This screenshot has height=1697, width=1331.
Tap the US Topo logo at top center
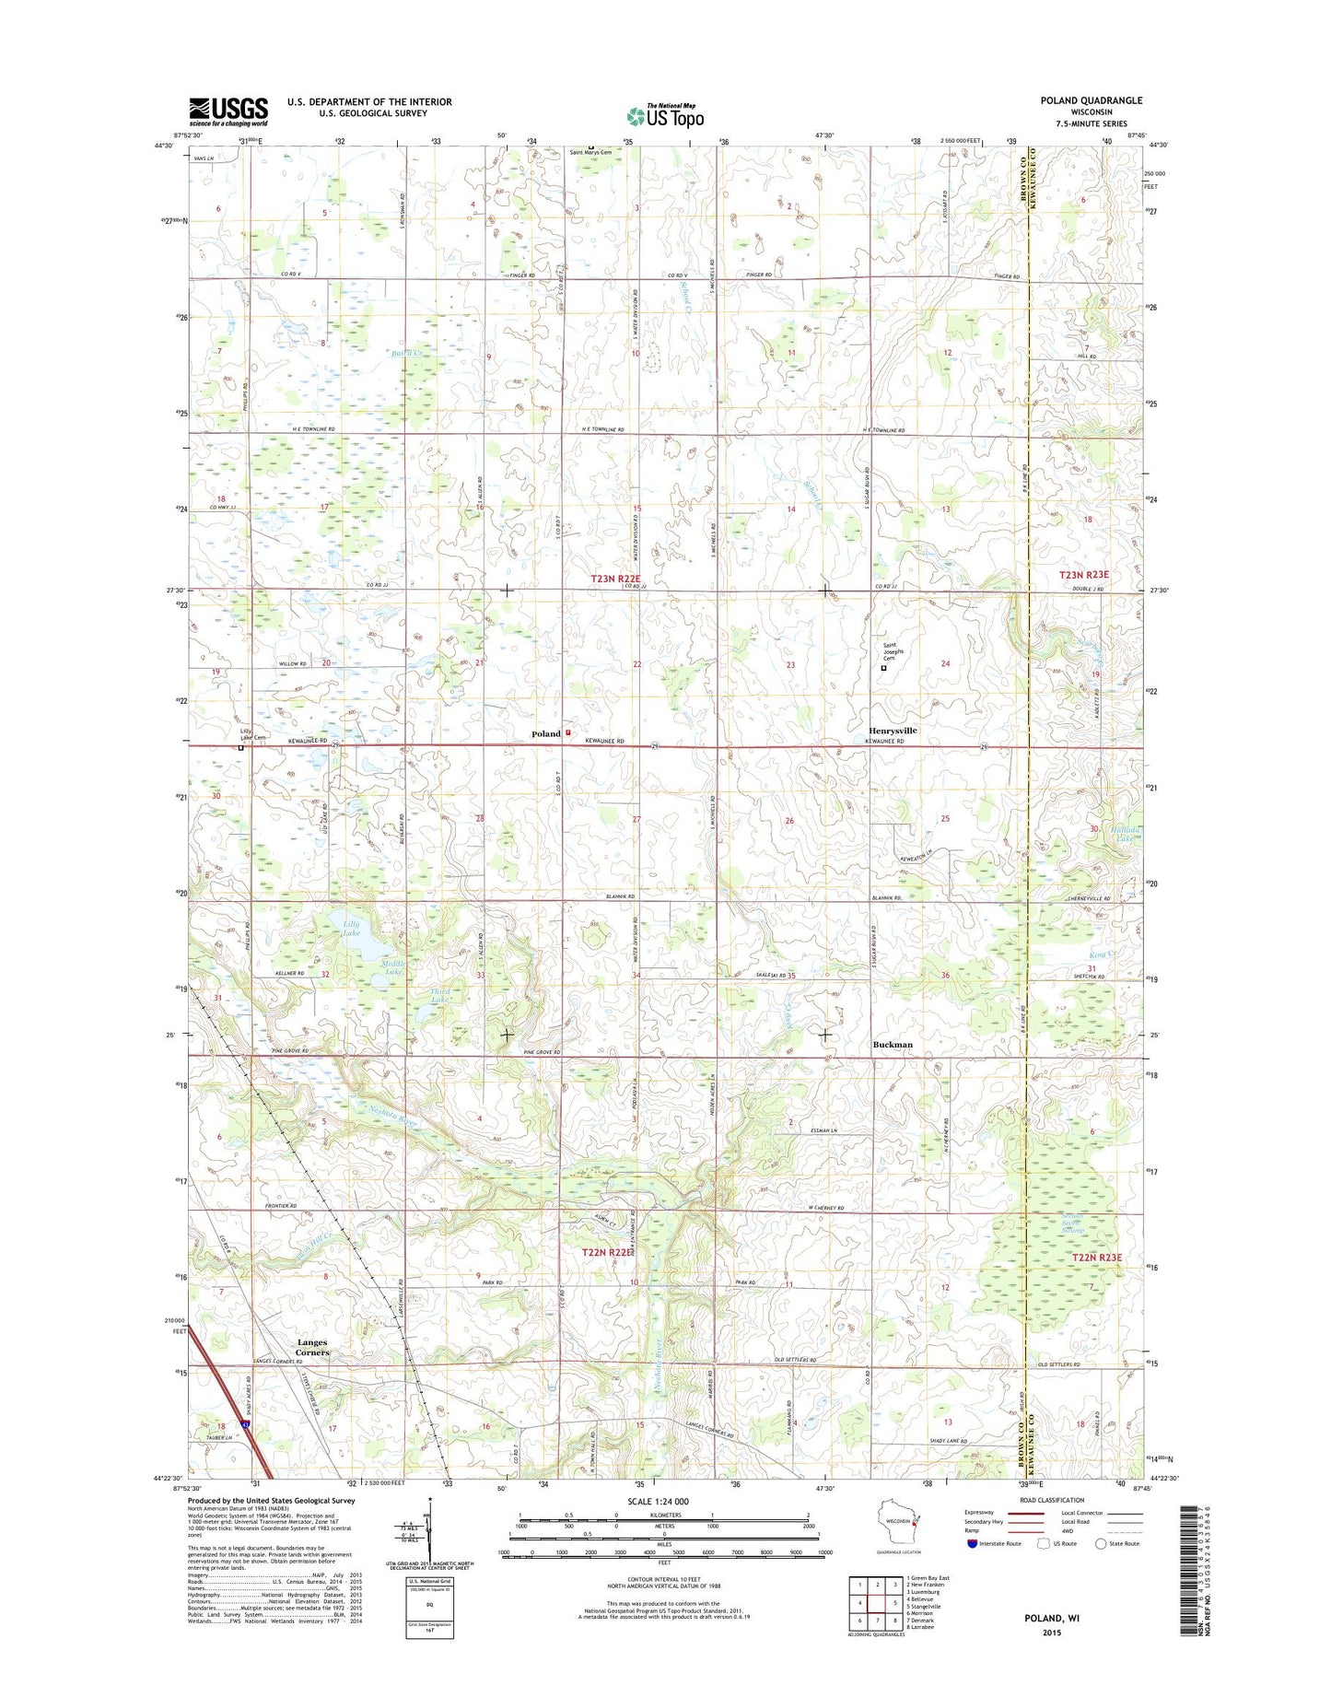(665, 116)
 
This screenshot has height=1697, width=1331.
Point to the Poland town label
(545, 733)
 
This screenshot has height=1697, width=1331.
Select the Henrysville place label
(893, 730)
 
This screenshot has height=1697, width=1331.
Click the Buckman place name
(893, 1045)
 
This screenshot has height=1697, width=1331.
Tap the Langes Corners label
(311, 1347)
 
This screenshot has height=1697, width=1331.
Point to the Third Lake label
(441, 995)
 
